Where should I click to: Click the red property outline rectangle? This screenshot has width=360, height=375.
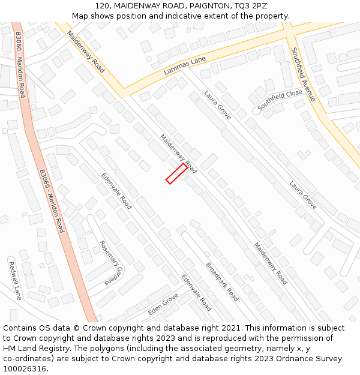[x=176, y=173]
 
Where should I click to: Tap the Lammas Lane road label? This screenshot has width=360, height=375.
[x=185, y=65]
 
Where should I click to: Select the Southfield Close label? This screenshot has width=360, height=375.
[x=280, y=100]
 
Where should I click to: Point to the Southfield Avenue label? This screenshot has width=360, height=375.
[x=303, y=74]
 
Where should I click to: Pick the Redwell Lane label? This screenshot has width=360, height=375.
[x=14, y=281]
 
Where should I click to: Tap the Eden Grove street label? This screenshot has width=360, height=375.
[x=163, y=304]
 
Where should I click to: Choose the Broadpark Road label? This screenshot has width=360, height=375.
[x=222, y=282]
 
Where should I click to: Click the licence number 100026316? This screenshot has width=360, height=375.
[x=26, y=369]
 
